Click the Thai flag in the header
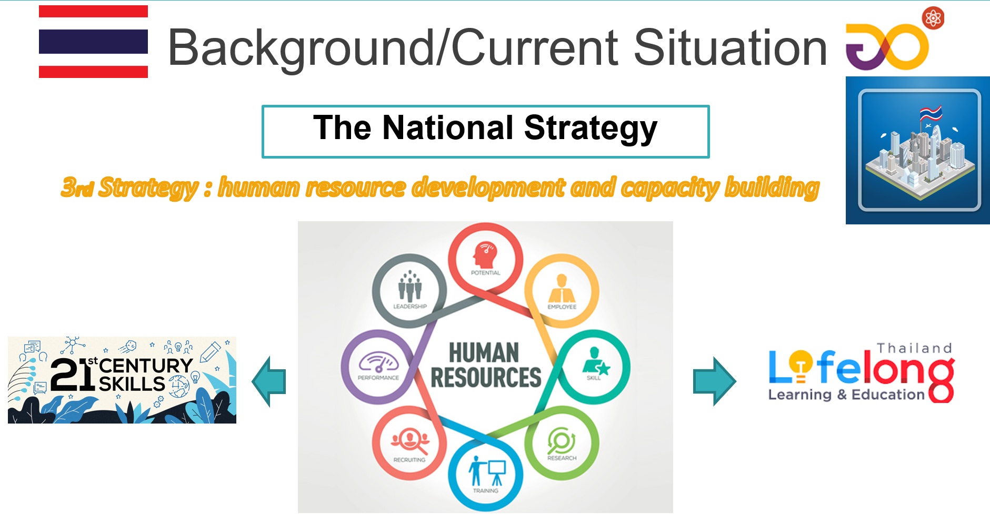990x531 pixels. [93, 42]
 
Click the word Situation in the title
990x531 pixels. [730, 48]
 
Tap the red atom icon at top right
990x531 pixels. [933, 18]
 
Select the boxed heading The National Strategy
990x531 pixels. [485, 131]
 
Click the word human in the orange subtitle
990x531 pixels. [258, 187]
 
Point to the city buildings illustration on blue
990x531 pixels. [918, 150]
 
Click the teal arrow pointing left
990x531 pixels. [269, 381]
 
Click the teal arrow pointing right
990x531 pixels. [714, 381]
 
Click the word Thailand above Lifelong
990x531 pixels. [914, 348]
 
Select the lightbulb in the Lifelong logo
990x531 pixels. [801, 365]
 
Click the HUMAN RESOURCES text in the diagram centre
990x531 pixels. [485, 365]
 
